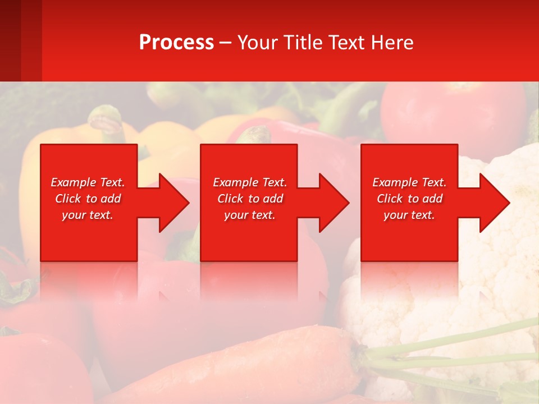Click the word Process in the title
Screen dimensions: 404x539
click(176, 43)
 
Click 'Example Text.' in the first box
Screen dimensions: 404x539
click(88, 182)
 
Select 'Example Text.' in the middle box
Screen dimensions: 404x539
click(250, 182)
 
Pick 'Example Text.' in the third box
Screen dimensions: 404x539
click(409, 182)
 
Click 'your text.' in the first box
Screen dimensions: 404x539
click(88, 215)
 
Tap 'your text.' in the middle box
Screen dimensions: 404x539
click(250, 215)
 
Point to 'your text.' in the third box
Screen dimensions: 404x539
click(409, 215)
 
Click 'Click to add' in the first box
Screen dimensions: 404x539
click(88, 199)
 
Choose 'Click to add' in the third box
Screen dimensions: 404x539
click(409, 199)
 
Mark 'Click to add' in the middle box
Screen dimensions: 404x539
click(250, 199)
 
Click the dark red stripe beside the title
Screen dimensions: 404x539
click(20, 40)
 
